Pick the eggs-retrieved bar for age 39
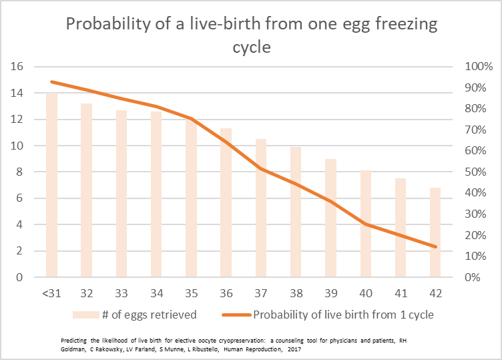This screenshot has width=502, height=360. pos(330,218)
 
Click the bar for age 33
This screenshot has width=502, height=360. pos(121,194)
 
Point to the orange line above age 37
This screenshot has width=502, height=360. pos(260,168)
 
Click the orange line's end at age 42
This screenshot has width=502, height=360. pos(435,246)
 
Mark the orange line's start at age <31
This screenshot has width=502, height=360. pos(51,81)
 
